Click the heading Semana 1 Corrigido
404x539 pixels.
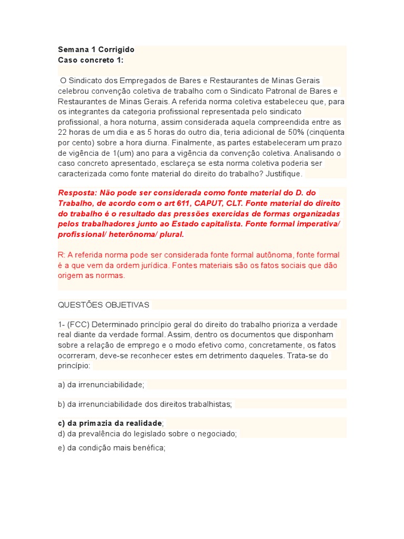(x=96, y=49)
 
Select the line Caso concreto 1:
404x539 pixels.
(x=90, y=60)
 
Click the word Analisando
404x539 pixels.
(x=314, y=153)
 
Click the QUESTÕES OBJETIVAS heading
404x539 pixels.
(x=104, y=305)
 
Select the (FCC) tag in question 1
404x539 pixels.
(x=78, y=324)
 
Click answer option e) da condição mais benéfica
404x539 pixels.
(x=112, y=448)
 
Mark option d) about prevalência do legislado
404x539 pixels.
(x=147, y=433)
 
